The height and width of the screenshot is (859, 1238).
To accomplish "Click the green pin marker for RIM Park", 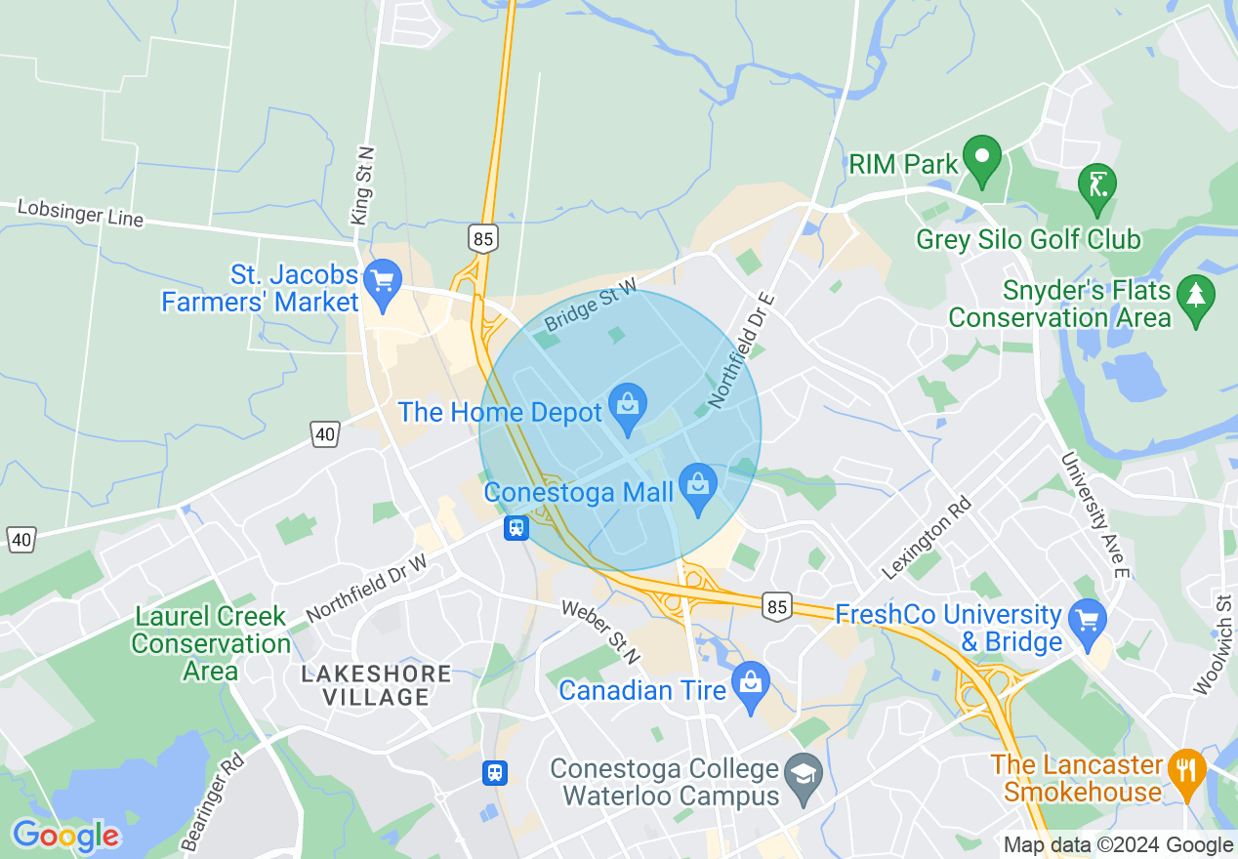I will [982, 158].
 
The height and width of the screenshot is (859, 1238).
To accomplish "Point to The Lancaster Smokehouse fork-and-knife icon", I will [1186, 771].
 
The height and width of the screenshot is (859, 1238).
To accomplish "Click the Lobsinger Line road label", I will [80, 213].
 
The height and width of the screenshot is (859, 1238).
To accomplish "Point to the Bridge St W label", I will [590, 304].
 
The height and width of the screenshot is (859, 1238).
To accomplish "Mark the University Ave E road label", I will [1094, 513].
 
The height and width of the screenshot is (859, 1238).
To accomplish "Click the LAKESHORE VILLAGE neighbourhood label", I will [376, 685].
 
